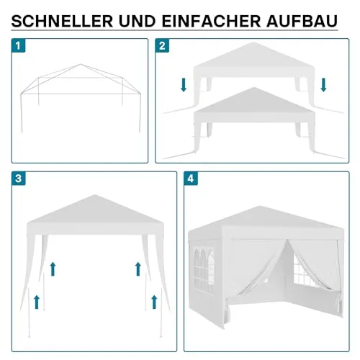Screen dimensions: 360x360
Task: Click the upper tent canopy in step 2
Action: (252, 61)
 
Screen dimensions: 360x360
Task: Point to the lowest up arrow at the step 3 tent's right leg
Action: (152, 299)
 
